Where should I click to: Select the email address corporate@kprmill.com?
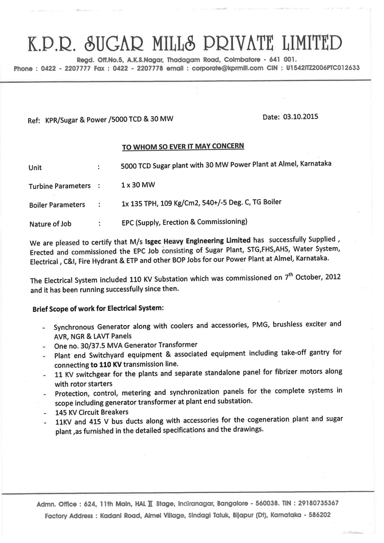(227, 68)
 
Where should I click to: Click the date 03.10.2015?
(300, 117)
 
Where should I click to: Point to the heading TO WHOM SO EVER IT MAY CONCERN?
(183, 146)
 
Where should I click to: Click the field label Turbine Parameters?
(60, 186)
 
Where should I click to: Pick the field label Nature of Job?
(50, 224)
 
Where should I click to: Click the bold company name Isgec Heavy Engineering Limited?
(198, 241)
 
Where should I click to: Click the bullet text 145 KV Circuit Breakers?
(92, 412)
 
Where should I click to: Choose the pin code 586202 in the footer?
(319, 515)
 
